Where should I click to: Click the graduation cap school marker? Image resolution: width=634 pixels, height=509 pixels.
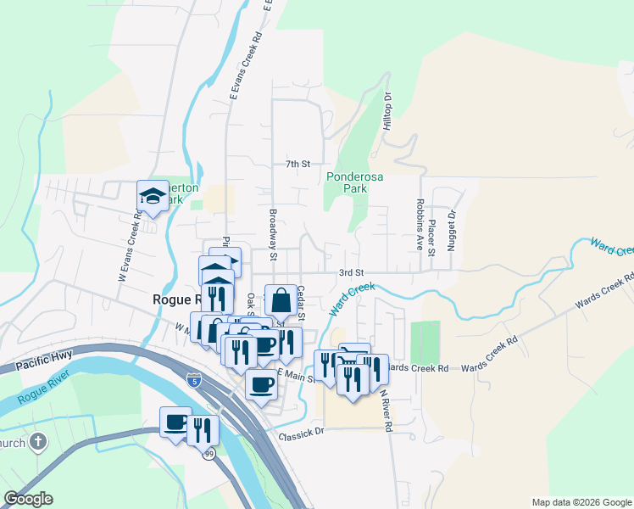153,196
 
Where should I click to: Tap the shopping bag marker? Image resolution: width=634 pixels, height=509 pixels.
281,299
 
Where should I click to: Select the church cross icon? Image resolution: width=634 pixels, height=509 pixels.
37,442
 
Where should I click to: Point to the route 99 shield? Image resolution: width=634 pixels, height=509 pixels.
208,455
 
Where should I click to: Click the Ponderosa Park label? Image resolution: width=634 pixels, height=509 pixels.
347,182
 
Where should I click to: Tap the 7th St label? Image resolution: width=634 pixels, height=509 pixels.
298,163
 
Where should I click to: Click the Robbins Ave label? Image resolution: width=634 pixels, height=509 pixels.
420,227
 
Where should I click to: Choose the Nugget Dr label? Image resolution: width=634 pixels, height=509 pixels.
452,227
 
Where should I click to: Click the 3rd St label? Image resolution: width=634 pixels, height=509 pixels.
351,272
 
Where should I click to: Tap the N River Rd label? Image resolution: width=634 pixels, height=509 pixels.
386,411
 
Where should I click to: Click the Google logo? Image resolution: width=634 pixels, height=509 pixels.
28,499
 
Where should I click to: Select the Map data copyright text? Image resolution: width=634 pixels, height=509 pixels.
581,502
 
